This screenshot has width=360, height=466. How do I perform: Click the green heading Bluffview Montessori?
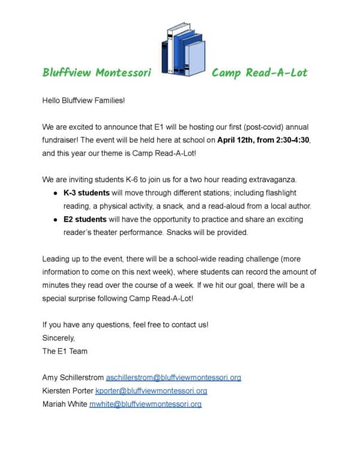point(97,73)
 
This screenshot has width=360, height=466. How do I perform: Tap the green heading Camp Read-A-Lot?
point(259,73)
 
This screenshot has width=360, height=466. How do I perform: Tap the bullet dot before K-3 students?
point(55,193)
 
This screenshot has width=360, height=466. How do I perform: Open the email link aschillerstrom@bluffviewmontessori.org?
point(173,378)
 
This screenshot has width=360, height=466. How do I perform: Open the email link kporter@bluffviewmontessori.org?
point(151,391)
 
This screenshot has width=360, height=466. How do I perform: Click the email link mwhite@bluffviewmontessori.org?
point(145,404)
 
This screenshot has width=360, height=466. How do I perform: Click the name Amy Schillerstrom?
point(73,378)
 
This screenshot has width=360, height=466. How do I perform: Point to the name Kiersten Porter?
point(67,391)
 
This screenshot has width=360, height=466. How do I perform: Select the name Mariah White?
point(64,404)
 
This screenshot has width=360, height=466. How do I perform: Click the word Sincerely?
point(58,338)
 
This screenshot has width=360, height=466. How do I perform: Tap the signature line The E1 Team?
point(65,351)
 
